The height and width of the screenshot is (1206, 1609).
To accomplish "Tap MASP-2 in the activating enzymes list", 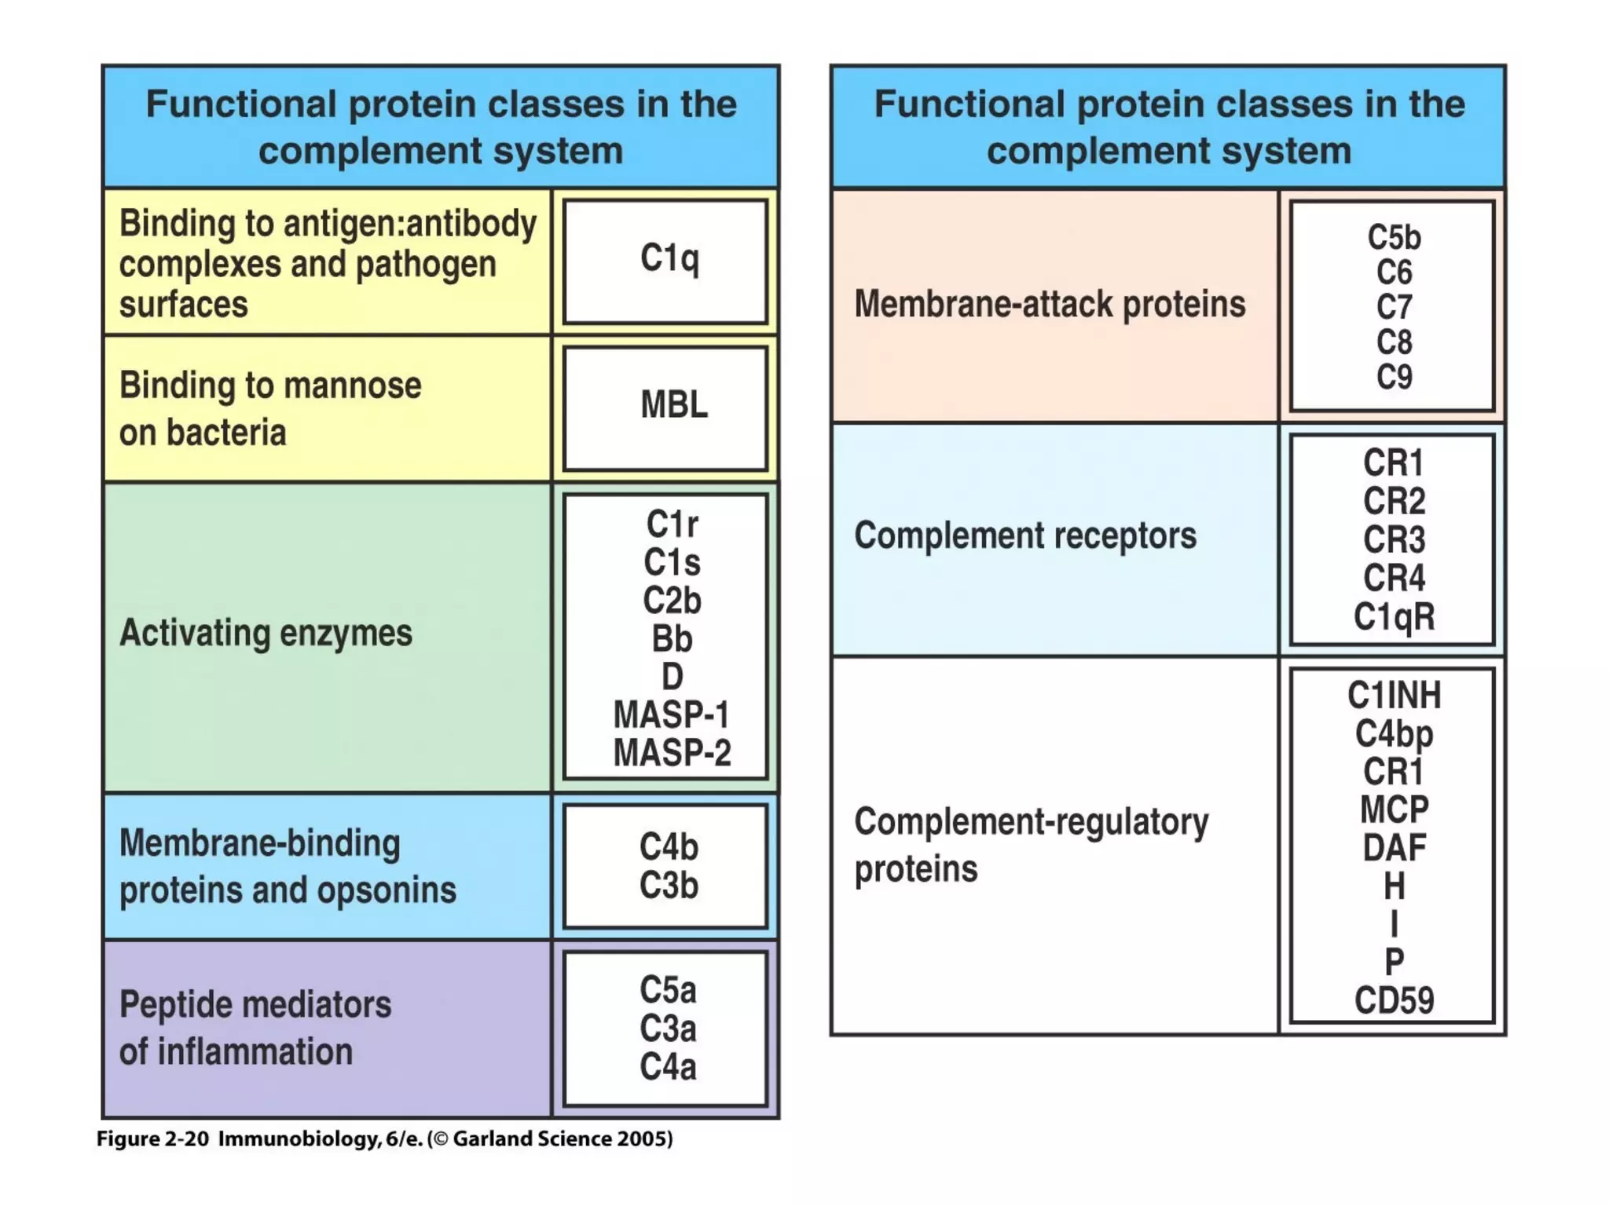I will tap(672, 753).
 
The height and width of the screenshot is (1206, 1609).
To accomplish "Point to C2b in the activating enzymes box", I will tap(672, 601).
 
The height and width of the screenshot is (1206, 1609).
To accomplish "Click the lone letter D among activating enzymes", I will tap(672, 677).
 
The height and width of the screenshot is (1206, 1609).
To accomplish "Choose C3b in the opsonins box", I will tap(669, 886).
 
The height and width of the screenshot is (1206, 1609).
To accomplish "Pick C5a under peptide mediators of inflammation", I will tap(668, 990).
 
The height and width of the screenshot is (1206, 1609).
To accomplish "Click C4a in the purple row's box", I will tap(668, 1067).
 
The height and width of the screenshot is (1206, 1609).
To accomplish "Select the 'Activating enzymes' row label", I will tap(266, 633).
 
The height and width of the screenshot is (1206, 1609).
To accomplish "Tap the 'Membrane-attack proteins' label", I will tap(1050, 305).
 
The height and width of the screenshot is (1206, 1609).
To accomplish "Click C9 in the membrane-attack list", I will tap(1394, 377).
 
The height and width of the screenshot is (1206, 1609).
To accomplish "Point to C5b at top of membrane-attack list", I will tap(1394, 237).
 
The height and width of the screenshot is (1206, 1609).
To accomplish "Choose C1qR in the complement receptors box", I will tap(1394, 616).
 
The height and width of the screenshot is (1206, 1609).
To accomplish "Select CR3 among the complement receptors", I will tap(1394, 539).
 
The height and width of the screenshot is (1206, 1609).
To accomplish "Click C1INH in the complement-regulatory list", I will tap(1394, 695).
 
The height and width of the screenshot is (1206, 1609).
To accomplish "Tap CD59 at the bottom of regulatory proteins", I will tap(1394, 1000).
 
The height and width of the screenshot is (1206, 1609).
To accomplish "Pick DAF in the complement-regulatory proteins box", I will tap(1394, 848).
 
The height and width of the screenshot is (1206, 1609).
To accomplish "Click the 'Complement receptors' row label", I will tap(1025, 535).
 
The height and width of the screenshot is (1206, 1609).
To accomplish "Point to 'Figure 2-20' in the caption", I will tap(152, 1139).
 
